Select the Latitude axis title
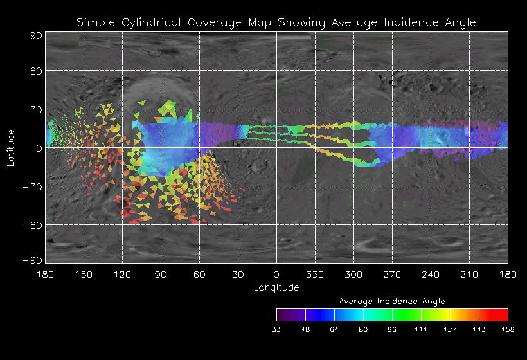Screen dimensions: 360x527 pos(11,147)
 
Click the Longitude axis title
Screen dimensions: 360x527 pos(276,287)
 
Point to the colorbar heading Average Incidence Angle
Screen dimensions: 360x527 pos(391,301)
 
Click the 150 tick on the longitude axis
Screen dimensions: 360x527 pos(84,274)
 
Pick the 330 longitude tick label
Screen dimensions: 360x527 pos(315,274)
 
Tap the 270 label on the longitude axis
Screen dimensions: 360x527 pos(392,274)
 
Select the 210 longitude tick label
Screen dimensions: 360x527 pos(469,274)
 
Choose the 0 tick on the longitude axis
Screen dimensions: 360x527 pos(276,274)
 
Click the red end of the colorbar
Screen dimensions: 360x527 pos(501,314)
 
